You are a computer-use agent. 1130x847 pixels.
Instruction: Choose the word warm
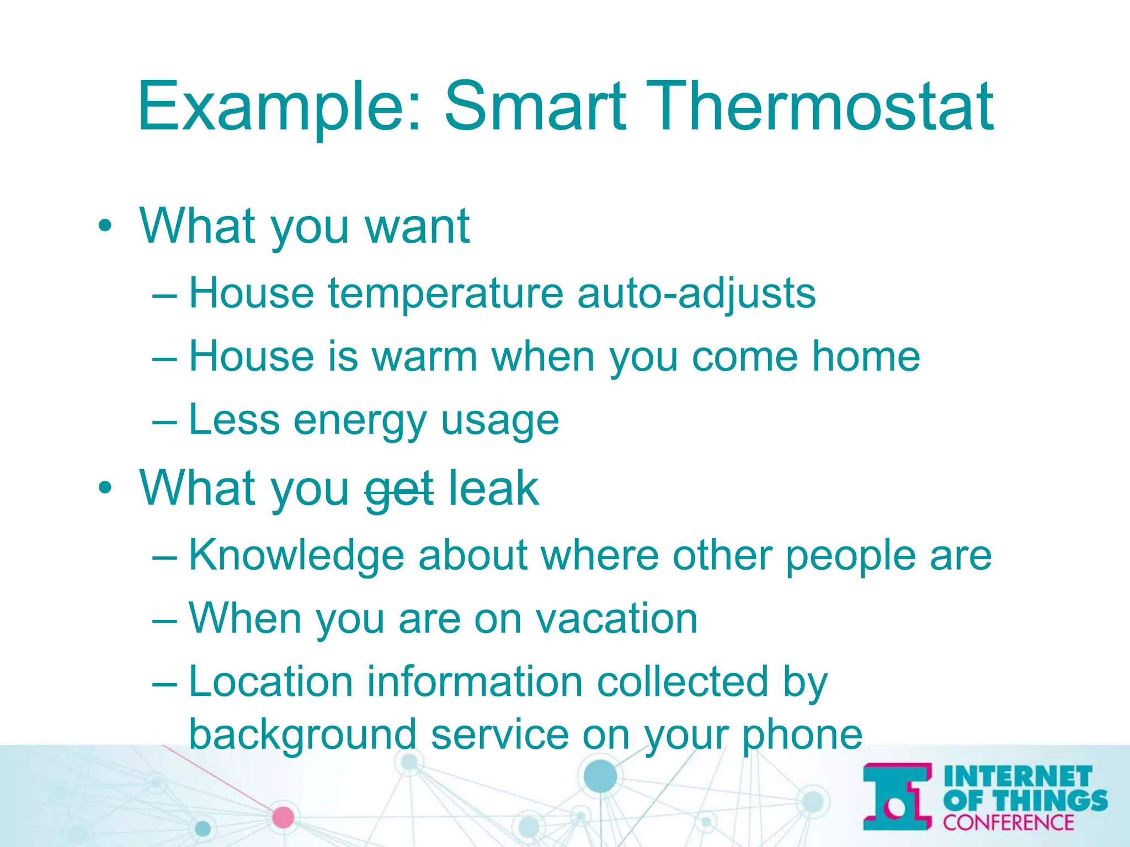click(424, 357)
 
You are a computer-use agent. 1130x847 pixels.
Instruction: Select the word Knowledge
click(296, 555)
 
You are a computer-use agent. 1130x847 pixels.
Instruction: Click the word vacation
click(616, 619)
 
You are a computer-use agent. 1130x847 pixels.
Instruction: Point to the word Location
click(270, 682)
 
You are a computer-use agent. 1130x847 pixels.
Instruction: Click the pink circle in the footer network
click(283, 817)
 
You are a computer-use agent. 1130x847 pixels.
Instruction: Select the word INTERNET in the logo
click(1017, 776)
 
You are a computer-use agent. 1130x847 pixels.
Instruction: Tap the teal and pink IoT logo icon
click(897, 796)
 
